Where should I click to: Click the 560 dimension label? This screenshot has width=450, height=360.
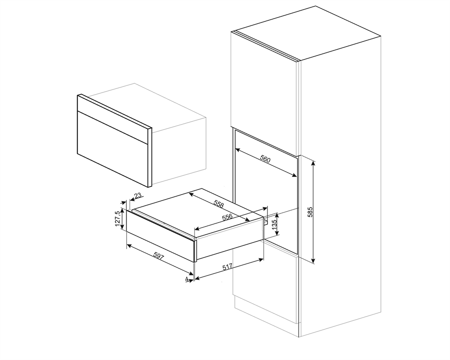tap(265, 160)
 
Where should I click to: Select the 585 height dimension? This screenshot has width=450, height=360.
tap(321, 212)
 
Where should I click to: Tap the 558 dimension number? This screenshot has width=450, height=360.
tap(218, 205)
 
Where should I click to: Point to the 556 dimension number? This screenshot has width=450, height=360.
tap(227, 217)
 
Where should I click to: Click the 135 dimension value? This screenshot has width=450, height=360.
tap(274, 225)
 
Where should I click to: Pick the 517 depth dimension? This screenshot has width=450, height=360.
tap(227, 267)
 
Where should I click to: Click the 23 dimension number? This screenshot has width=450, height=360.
tap(138, 195)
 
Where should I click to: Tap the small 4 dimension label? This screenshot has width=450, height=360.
tap(187, 280)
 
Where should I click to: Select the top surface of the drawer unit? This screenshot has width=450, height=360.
tap(196, 212)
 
